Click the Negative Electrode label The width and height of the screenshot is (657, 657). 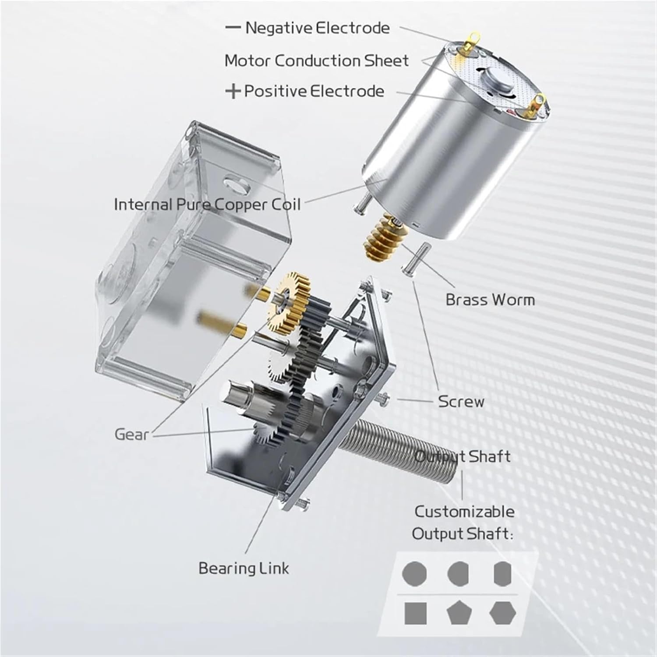coord(317,28)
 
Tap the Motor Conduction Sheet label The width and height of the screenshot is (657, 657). coord(316,60)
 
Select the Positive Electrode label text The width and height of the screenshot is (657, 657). coord(314,91)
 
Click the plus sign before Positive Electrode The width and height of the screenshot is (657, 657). coord(233,92)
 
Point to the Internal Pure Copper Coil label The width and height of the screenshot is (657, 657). coord(207,205)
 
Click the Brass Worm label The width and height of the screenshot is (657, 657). coord(490,300)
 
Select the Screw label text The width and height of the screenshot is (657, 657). coord(461,402)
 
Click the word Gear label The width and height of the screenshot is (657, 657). coord(131,434)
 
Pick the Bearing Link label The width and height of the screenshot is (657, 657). coord(244,568)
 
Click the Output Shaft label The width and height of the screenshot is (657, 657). coord(463,456)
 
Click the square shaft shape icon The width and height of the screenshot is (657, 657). coord(415,613)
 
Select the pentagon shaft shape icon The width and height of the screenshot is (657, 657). coord(459,613)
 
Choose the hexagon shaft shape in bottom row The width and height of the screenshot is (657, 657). coord(502,613)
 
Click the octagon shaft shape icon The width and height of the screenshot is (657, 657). coord(414,573)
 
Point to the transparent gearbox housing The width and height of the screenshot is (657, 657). coord(184,245)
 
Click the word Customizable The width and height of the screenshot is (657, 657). coord(464,512)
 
